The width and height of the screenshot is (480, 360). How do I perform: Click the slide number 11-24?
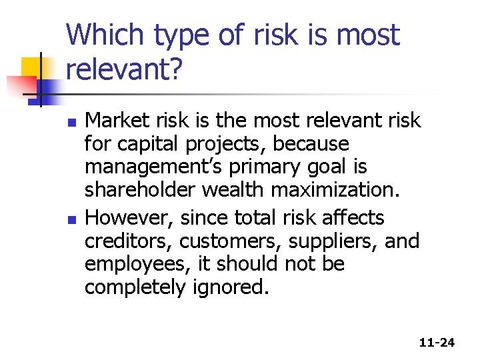pos(437,343)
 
